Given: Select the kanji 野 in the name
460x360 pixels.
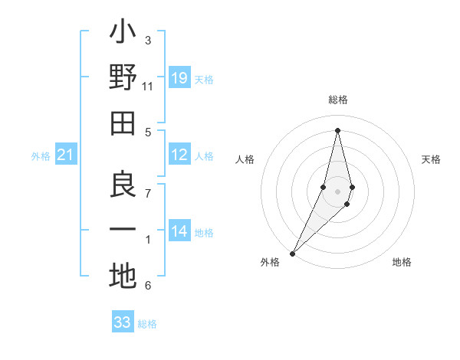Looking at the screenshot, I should (123, 78).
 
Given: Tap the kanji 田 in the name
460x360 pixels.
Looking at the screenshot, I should (123, 124).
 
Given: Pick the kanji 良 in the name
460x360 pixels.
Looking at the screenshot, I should (123, 185).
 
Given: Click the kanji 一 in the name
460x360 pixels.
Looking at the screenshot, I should (123, 231).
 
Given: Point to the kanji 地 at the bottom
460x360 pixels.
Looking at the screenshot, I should (123, 277).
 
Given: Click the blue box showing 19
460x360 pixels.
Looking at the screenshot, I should (179, 78).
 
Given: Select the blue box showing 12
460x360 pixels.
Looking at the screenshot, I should (179, 155).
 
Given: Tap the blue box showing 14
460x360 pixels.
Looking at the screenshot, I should (179, 231).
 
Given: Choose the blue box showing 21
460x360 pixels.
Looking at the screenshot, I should (65, 155).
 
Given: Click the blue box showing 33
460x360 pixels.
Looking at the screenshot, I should (122, 322).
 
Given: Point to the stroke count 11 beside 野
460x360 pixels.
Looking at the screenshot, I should (148, 87).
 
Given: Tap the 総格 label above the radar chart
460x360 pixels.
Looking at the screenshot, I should (337, 100).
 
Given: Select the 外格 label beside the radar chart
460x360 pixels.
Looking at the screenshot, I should (270, 262).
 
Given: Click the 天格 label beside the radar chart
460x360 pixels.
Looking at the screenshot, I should (431, 159).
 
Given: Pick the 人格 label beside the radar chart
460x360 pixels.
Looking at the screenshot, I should (245, 159).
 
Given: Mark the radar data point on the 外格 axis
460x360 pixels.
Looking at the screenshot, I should (293, 252).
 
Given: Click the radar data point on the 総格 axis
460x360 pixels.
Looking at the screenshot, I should (337, 130).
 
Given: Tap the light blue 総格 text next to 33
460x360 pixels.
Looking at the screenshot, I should (147, 324).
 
